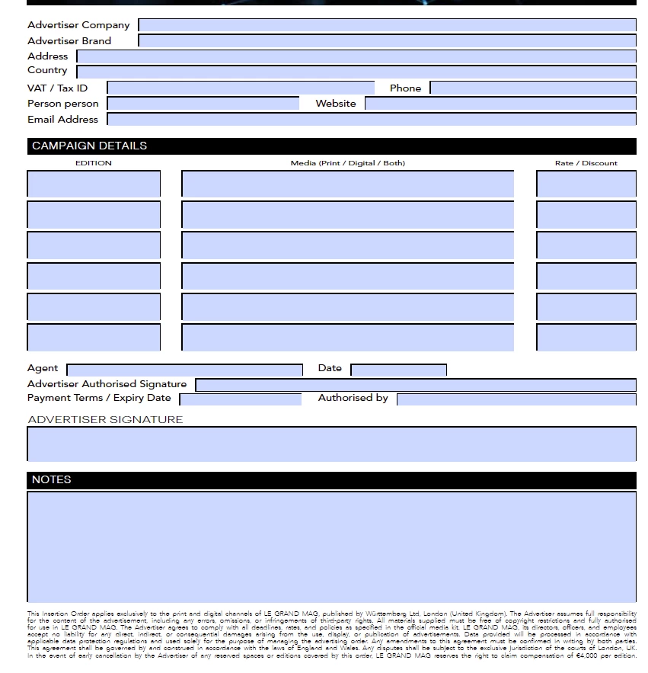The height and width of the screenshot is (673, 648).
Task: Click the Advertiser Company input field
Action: [x=387, y=25]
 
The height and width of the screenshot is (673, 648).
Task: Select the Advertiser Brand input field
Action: [x=387, y=41]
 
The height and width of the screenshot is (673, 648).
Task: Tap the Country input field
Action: [x=356, y=72]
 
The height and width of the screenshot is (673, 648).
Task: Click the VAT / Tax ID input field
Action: [x=241, y=88]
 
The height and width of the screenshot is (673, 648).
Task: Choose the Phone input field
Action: [x=533, y=88]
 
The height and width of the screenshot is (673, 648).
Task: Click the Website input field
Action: [x=500, y=104]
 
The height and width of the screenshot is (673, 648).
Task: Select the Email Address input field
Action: [x=372, y=120]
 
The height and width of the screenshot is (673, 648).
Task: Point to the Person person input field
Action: [x=203, y=104]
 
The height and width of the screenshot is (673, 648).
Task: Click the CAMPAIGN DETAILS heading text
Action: [x=89, y=146]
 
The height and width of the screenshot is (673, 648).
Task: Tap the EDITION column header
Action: [x=94, y=163]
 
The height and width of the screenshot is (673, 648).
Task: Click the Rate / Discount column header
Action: [x=586, y=163]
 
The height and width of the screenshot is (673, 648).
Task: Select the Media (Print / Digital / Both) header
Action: [x=348, y=163]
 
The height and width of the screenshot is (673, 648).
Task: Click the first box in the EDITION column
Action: [x=94, y=184]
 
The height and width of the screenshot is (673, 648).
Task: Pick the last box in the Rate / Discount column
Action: [x=586, y=337]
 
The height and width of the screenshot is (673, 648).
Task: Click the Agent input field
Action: [x=185, y=370]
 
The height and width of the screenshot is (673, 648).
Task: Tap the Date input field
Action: [x=398, y=370]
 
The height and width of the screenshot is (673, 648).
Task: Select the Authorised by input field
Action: [x=516, y=399]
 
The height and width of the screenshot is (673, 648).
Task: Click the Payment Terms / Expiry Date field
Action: [x=241, y=399]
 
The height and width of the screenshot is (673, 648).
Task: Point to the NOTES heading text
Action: [x=51, y=479]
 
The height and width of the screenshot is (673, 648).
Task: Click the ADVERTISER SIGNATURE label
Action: [x=105, y=419]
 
